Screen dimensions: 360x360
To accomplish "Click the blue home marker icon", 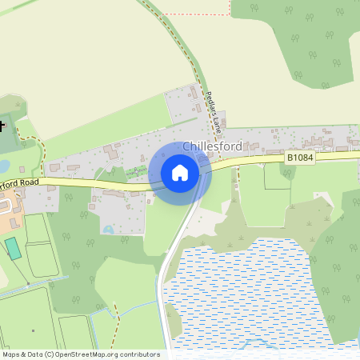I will tap(180, 173).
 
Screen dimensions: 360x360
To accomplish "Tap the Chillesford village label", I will tap(212, 146).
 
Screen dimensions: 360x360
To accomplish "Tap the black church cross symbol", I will tap(2, 125).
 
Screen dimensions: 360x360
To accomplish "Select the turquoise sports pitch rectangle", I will tap(14, 248).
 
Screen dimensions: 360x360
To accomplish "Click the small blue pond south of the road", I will tap(108, 230).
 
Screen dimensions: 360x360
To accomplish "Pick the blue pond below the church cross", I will tap(3, 166).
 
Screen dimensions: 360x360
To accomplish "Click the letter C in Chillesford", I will tap(187, 146).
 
